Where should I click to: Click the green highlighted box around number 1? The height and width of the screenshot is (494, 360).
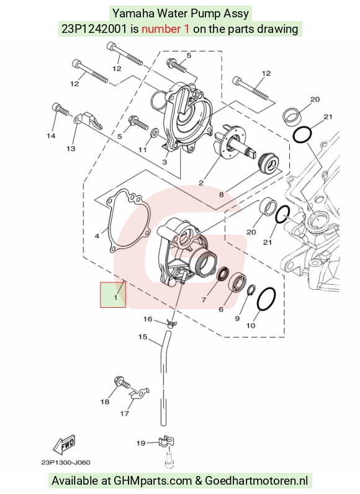coord(113,295)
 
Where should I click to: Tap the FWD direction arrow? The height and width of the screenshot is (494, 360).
coord(65,444)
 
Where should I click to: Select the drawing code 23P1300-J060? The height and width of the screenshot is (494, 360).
coord(66,462)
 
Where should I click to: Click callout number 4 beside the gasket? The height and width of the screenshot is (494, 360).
coord(97,236)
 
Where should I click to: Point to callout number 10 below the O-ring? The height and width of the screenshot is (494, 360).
coord(251,325)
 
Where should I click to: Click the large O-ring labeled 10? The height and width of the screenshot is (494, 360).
coord(266,299)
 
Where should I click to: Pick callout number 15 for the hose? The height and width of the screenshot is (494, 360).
coord(143,337)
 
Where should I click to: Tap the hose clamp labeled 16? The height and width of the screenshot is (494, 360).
coord(171,323)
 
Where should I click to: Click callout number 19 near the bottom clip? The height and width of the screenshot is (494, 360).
coord(141,443)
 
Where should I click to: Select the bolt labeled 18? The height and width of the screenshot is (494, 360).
coord(122,383)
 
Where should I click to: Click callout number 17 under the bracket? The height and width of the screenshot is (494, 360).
coord(125,413)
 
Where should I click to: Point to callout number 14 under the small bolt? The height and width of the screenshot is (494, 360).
coord(51,136)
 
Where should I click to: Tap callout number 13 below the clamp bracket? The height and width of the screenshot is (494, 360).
coord(71,148)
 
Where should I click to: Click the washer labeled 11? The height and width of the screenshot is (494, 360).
coord(155,133)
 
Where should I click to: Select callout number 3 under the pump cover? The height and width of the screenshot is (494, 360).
coord(164,162)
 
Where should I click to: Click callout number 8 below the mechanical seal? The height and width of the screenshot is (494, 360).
coord(222,194)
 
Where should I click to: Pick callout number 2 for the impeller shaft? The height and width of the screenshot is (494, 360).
coord(201,182)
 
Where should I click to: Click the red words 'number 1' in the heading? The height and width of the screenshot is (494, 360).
coord(165,29)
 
